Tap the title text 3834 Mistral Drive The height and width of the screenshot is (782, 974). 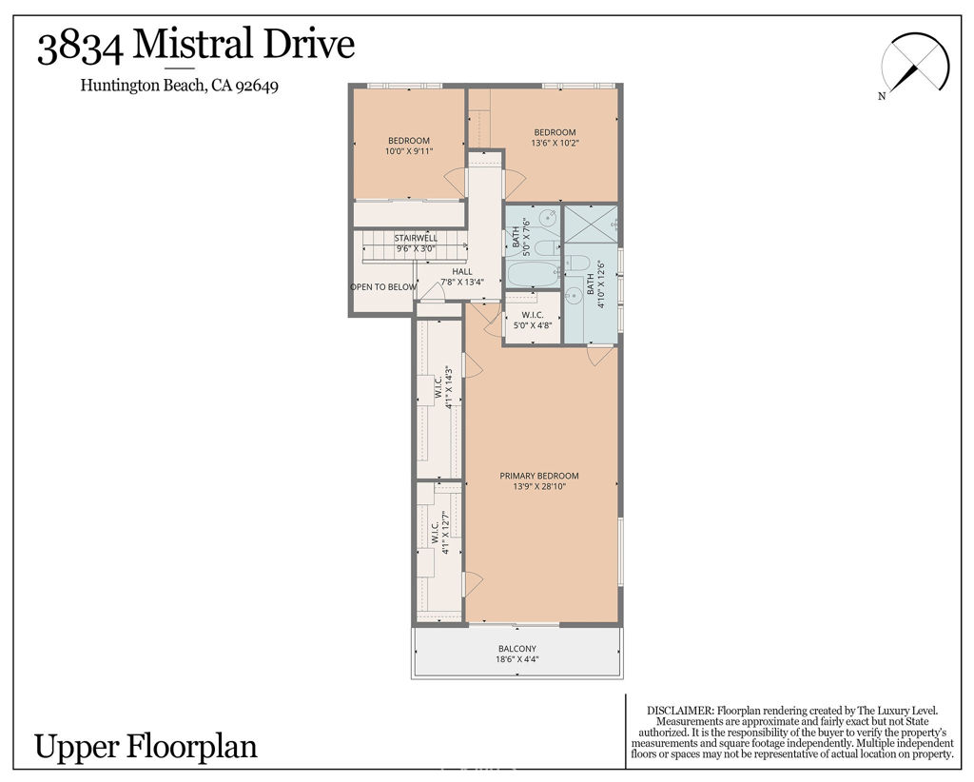[x=196, y=45]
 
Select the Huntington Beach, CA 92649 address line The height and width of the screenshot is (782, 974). [x=179, y=85]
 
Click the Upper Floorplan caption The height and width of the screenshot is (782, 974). [x=146, y=746]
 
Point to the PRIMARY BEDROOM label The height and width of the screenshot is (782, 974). [x=539, y=476]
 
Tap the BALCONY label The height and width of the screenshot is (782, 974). [x=516, y=649]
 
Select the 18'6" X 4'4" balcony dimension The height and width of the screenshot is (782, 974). [x=516, y=659]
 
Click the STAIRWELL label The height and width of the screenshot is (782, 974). [x=416, y=238]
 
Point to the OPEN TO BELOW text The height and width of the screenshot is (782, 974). [x=383, y=286]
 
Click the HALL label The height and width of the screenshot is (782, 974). [x=462, y=271]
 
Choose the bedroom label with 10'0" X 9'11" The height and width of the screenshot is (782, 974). [x=408, y=146]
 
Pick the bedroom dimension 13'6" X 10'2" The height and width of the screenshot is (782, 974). [x=555, y=143]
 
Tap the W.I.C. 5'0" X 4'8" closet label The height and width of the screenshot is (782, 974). [x=532, y=319]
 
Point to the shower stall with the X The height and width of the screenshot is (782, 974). [x=591, y=226]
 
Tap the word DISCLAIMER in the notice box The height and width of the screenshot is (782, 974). [x=679, y=711]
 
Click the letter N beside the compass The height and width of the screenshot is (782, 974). [x=882, y=95]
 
